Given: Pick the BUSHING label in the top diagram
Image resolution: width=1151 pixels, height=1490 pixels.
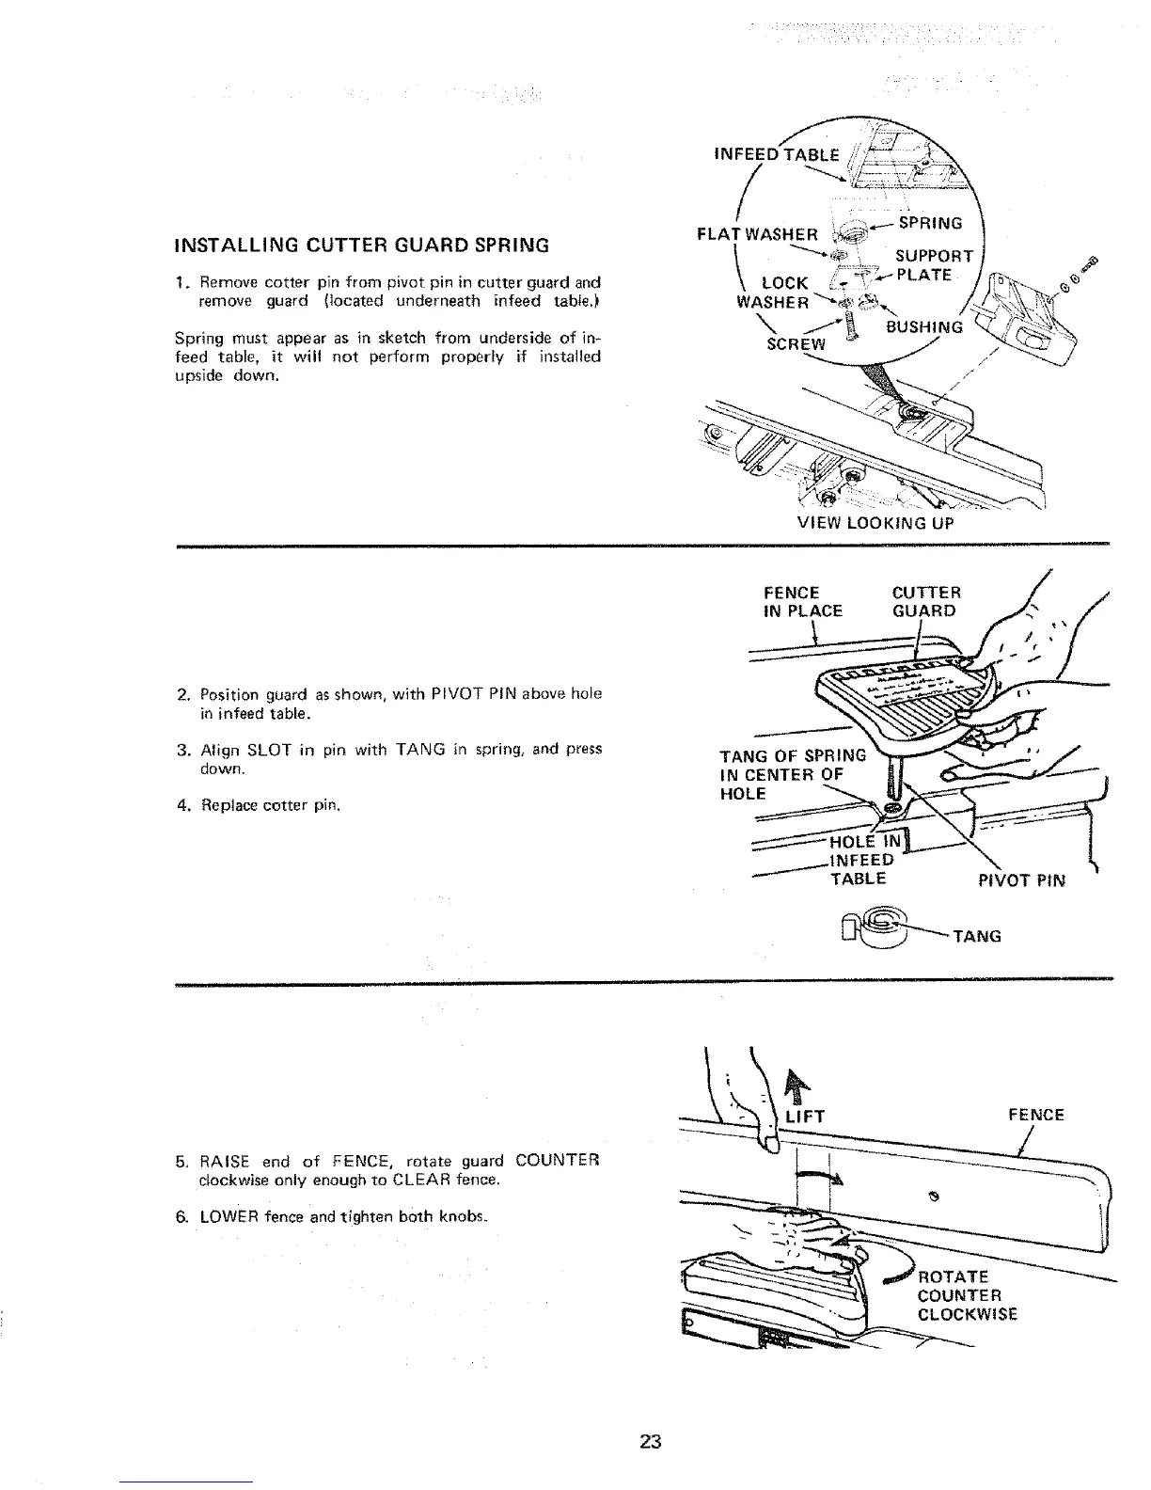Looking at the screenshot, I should click(x=925, y=327).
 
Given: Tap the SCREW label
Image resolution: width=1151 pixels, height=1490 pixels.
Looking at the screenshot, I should click(x=796, y=343).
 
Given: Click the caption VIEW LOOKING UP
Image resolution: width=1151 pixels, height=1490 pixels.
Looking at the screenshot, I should click(x=875, y=523).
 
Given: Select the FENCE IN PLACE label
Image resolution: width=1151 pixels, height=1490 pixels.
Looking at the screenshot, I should click(x=803, y=601).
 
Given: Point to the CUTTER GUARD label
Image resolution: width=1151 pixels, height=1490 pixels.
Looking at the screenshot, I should click(x=925, y=601).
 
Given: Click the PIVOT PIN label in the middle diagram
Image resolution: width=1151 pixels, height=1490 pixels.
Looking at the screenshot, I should click(x=1022, y=880).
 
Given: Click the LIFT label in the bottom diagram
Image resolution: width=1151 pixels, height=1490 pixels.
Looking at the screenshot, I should click(x=804, y=1116).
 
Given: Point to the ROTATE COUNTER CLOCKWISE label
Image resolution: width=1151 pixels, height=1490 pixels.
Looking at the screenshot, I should click(x=967, y=1295).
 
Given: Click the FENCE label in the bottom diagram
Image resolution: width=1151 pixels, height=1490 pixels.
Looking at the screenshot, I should click(x=1035, y=1115).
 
